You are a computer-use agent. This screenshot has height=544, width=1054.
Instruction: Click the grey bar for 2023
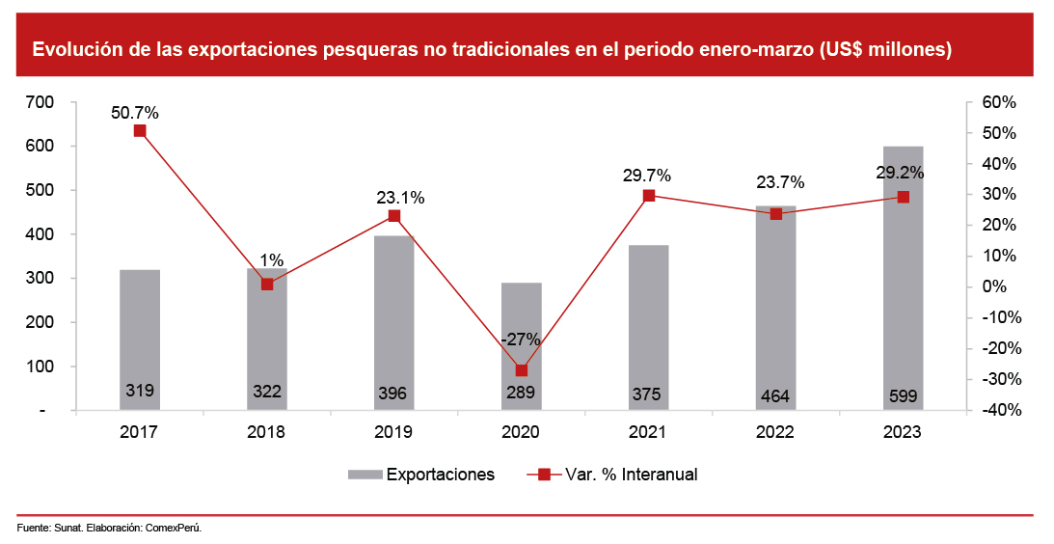pyautogui.click(x=903, y=280)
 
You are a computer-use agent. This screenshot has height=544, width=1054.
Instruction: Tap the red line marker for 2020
pyautogui.click(x=522, y=370)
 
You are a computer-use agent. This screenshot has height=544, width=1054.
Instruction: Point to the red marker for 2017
pyautogui.click(x=140, y=131)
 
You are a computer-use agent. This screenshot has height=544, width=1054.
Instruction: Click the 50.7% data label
pyautogui.click(x=135, y=113)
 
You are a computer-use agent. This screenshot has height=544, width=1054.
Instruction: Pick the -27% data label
pyautogui.click(x=521, y=340)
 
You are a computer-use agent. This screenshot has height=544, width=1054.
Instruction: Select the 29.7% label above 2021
pyautogui.click(x=647, y=176)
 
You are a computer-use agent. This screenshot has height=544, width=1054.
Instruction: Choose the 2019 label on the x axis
pyautogui.click(x=393, y=433)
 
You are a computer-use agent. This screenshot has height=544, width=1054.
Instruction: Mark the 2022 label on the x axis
pyautogui.click(x=775, y=433)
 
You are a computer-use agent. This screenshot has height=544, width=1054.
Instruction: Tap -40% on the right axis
pyautogui.click(x=996, y=411)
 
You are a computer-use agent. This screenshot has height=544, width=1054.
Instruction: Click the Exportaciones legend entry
pyautogui.click(x=440, y=475)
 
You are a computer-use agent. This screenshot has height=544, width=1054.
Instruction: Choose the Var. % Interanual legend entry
pyautogui.click(x=631, y=475)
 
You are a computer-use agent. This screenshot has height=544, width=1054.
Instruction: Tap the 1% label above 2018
pyautogui.click(x=271, y=260)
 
